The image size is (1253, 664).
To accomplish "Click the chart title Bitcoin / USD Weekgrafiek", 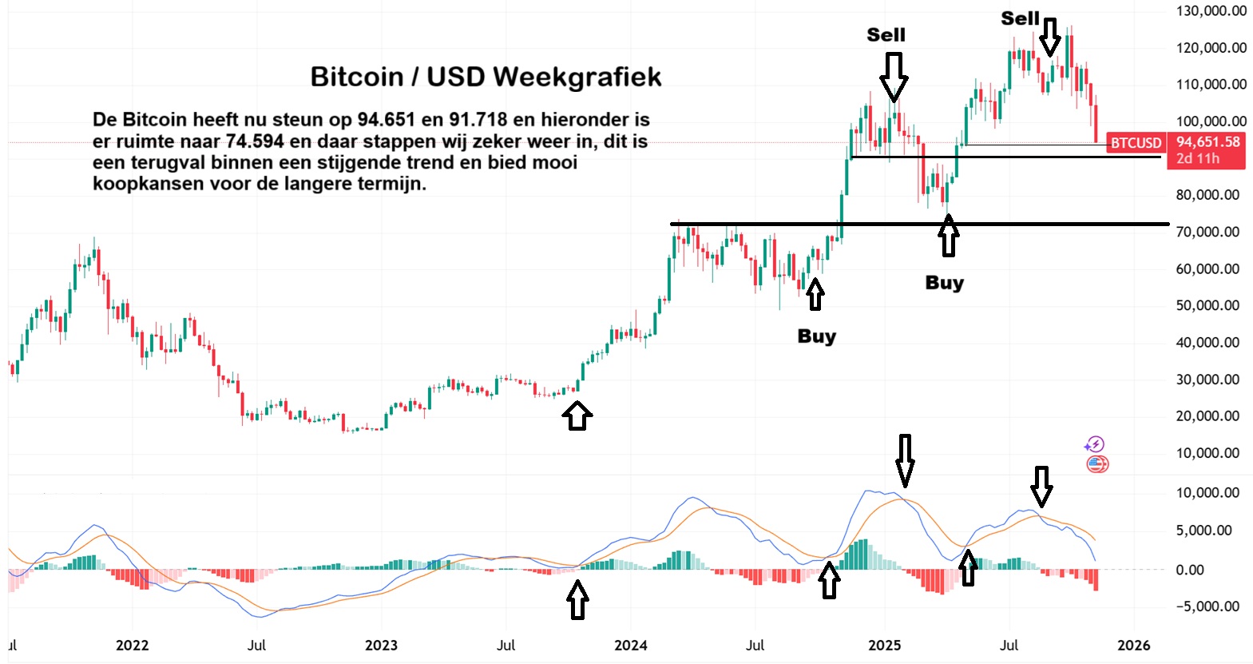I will coord(486,77).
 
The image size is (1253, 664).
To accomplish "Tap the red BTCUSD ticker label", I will coord(1136,143).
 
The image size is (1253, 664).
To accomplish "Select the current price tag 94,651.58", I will coord(1207,142).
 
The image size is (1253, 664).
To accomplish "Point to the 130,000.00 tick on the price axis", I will coord(1211,11).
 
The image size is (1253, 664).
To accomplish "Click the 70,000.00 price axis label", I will coord(1207,232).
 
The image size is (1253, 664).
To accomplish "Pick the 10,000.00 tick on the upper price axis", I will coord(1207,453).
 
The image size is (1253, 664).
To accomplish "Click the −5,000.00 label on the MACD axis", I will coord(1207,606).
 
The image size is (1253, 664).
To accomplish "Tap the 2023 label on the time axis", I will coord(381,645).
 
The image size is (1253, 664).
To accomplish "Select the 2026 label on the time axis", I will coord(1133,645).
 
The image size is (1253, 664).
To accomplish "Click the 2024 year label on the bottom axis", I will coord(631,645).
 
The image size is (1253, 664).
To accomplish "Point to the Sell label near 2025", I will coord(886,35).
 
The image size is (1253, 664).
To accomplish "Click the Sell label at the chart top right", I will coord(1020,18).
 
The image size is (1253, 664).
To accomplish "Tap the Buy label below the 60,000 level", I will coord(816,336).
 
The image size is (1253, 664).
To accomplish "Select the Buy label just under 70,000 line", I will coord(944,283).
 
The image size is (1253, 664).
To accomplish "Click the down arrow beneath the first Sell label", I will coord(894,77).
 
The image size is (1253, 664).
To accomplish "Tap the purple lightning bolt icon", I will coord(1095,445).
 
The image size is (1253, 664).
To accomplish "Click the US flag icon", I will coord(1097,464).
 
